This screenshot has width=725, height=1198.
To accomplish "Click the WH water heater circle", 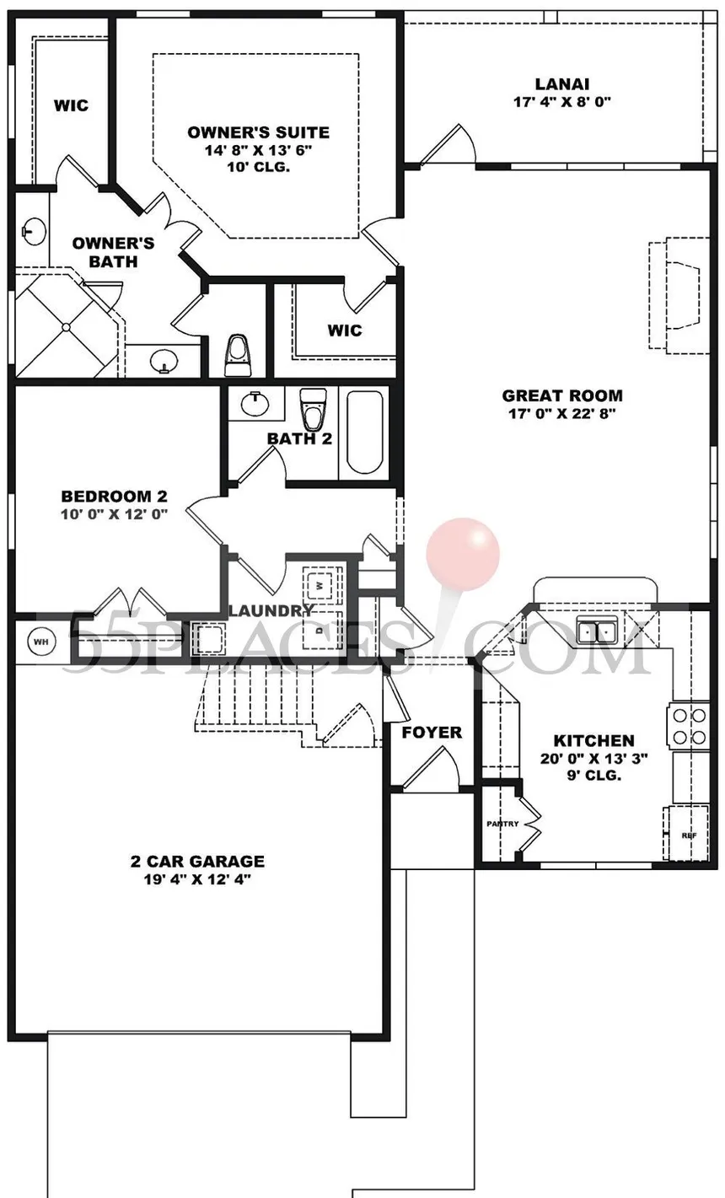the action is [41, 641].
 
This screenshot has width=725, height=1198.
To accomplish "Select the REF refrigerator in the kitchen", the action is [687, 835].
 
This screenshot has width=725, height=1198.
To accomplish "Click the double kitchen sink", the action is [597, 630].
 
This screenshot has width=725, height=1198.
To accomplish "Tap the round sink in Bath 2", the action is [255, 403].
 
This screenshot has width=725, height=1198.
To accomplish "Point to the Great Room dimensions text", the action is [562, 413].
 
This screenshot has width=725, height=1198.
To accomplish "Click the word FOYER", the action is [432, 732].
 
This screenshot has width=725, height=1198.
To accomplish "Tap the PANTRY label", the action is [502, 824].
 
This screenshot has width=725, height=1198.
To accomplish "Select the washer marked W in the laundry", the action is [320, 585].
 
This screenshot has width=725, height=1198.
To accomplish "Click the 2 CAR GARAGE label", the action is [197, 861].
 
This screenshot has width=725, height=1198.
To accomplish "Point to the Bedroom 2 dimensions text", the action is [114, 514].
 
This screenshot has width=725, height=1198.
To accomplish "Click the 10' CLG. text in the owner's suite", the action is [258, 167].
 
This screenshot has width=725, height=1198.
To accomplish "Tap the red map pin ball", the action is [463, 554].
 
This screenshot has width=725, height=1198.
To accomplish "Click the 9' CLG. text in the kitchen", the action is [594, 775].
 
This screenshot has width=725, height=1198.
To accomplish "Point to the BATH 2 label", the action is [299, 438].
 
